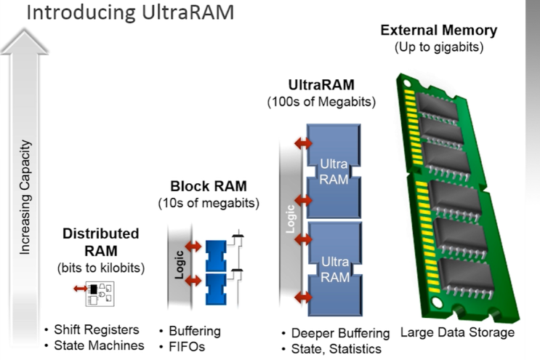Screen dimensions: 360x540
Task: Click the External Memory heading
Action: tap(439, 31)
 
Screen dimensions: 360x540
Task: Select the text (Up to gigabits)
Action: tap(439, 47)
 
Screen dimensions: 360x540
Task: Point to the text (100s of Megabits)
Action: tap(321, 103)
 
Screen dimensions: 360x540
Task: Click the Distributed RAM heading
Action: tap(100, 242)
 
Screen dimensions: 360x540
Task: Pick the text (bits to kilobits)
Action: tap(100, 268)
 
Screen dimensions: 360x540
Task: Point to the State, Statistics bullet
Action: tap(334, 349)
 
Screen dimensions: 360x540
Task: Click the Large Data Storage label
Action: tap(457, 332)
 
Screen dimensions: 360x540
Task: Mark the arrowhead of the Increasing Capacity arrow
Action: tap(25, 40)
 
